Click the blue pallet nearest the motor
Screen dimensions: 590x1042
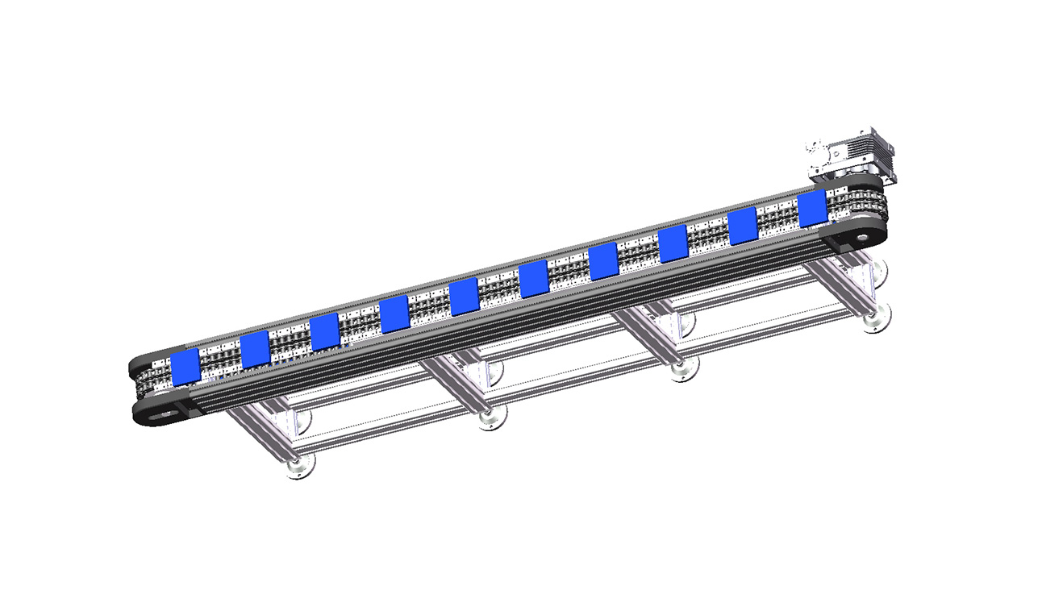pos(811,210)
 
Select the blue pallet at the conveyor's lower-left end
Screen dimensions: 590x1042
pos(185,368)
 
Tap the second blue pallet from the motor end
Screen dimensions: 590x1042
pos(742,226)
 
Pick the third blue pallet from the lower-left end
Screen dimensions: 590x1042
pos(324,332)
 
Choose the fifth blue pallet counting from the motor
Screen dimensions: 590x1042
pos(533,279)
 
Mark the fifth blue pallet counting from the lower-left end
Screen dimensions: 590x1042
pos(464,297)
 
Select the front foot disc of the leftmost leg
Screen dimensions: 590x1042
pos(299,467)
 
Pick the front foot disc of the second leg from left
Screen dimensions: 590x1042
pos(489,419)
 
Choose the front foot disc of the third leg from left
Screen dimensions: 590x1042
pos(682,371)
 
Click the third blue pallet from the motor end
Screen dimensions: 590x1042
pos(673,244)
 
